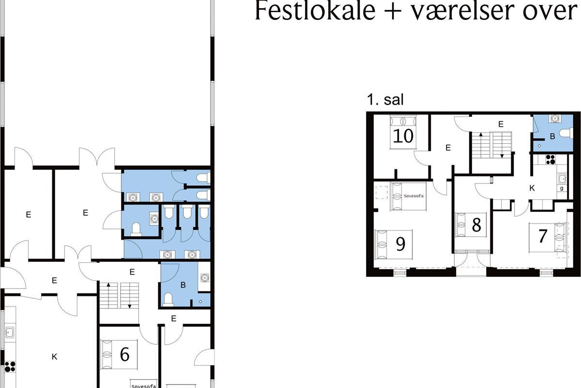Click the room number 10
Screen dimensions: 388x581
click(x=403, y=136)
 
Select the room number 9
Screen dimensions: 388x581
click(x=400, y=244)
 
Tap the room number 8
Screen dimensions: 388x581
click(x=476, y=226)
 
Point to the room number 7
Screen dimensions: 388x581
click(x=543, y=237)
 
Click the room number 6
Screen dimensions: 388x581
click(x=124, y=355)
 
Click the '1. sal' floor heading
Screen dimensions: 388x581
click(x=385, y=100)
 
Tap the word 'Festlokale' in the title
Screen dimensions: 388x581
click(x=314, y=12)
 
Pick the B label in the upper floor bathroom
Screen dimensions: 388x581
click(x=552, y=137)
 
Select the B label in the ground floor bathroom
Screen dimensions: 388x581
click(x=183, y=285)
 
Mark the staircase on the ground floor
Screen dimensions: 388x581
click(x=119, y=296)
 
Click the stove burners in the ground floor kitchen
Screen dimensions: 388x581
click(x=9, y=367)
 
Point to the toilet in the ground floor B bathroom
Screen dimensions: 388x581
click(x=168, y=298)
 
